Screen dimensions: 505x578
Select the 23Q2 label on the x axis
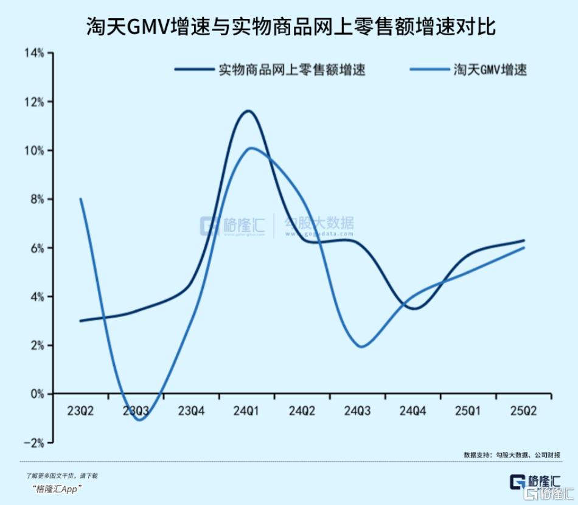(80, 411)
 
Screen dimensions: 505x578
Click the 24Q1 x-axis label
(246, 411)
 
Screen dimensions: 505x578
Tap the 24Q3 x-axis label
(358, 411)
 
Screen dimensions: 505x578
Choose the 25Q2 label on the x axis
(524, 411)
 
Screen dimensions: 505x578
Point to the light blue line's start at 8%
(81, 199)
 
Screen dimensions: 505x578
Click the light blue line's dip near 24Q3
(361, 347)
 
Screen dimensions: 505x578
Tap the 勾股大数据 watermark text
(319, 223)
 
